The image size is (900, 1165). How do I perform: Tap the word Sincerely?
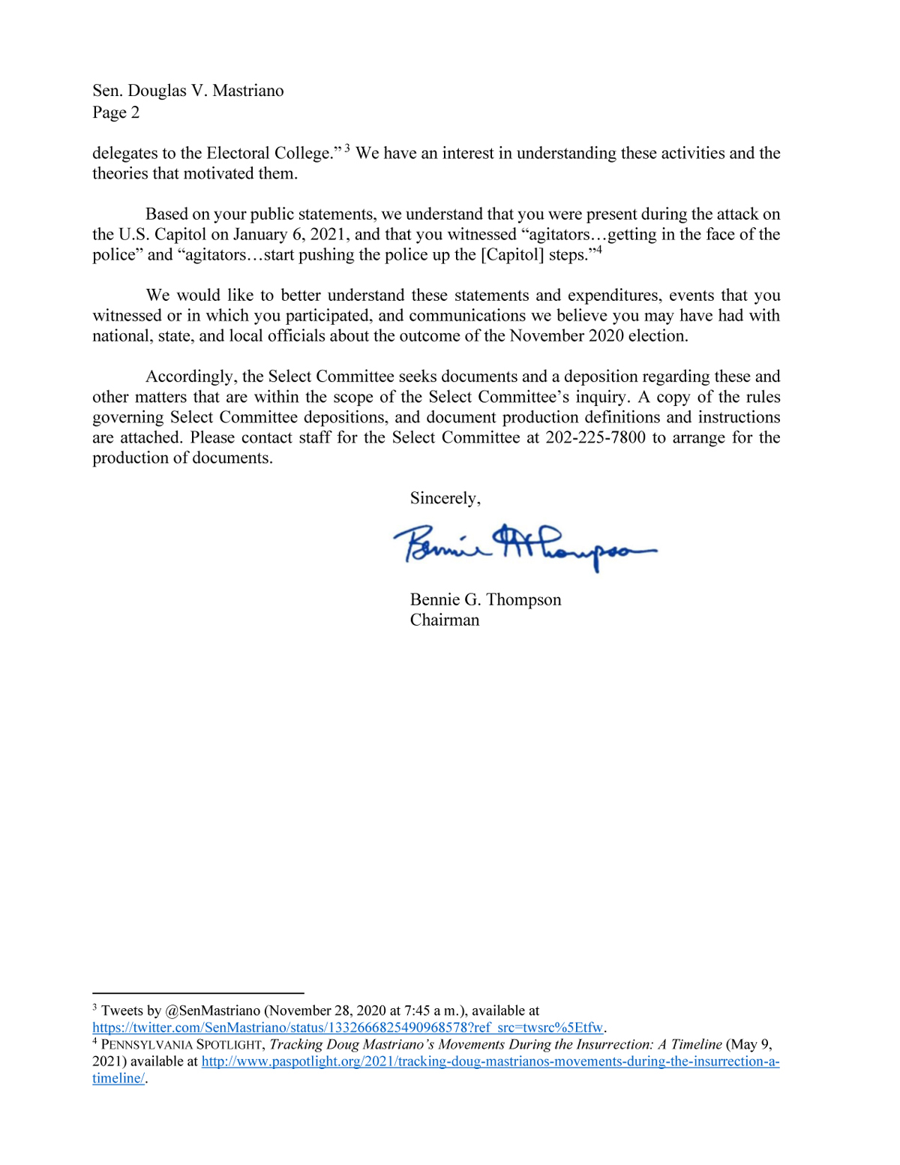click(445, 498)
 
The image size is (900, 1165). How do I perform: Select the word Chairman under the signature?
click(444, 620)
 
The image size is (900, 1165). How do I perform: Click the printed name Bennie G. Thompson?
click(485, 599)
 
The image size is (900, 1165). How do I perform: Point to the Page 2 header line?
click(115, 113)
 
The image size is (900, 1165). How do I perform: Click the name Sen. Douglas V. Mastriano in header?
click(187, 91)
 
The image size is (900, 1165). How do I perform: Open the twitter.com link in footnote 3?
click(347, 1028)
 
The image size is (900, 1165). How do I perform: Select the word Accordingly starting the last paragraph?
click(191, 377)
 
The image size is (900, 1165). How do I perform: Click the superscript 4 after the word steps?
click(598, 250)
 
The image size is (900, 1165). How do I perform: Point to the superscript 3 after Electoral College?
click(347, 148)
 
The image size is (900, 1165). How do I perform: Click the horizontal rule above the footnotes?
click(198, 992)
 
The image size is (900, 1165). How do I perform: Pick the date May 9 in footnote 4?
click(750, 1044)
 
